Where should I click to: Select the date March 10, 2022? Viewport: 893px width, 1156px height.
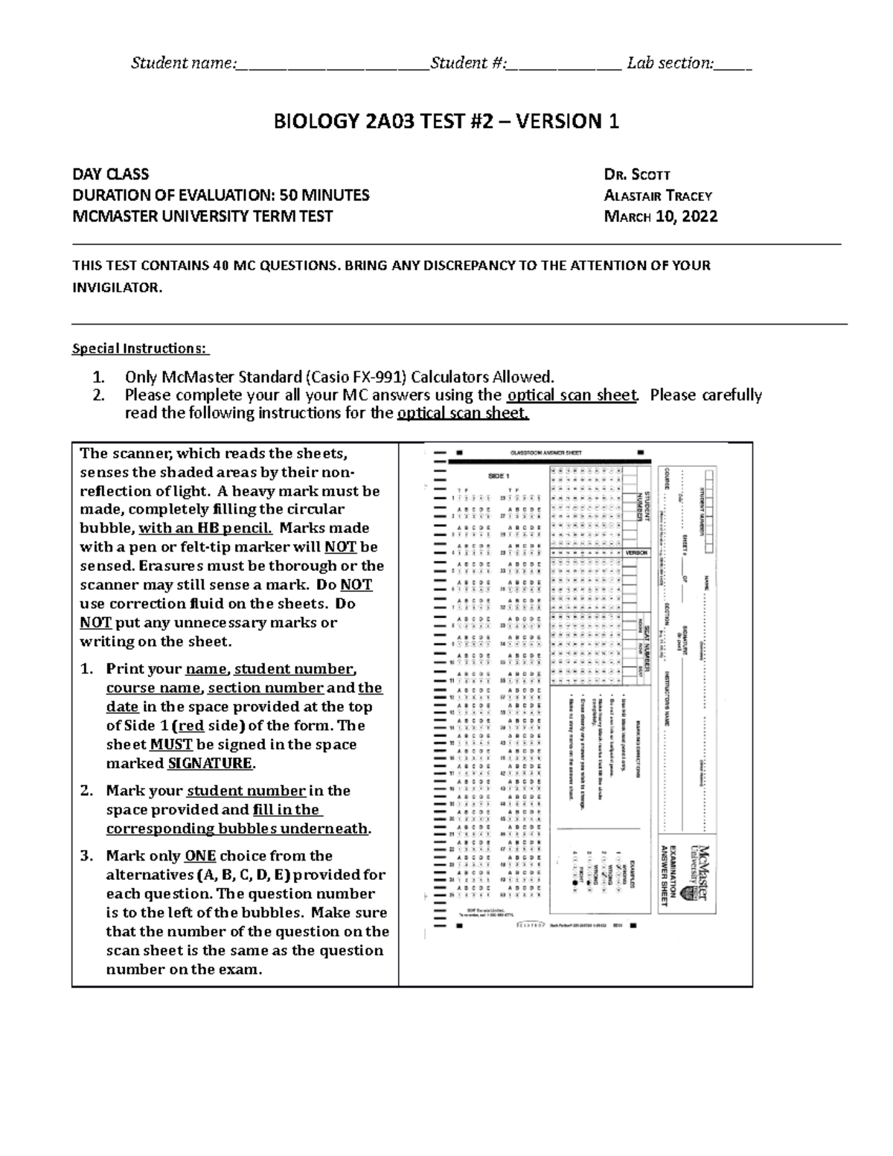(x=661, y=217)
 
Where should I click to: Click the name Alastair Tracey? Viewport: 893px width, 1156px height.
(x=658, y=196)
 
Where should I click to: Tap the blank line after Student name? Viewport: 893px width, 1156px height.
(x=332, y=64)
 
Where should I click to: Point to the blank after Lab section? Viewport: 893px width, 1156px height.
(x=733, y=64)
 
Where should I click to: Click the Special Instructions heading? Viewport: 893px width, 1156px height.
(x=141, y=348)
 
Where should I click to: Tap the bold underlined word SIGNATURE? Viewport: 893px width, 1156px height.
(x=211, y=764)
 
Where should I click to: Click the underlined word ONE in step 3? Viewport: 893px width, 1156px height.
(x=200, y=856)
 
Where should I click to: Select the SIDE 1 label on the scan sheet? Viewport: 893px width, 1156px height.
(x=498, y=475)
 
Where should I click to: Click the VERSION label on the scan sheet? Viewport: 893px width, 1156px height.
(x=636, y=553)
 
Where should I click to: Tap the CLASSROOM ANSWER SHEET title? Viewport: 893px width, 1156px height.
(x=535, y=453)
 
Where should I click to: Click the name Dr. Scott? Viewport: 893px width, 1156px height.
(x=638, y=175)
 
